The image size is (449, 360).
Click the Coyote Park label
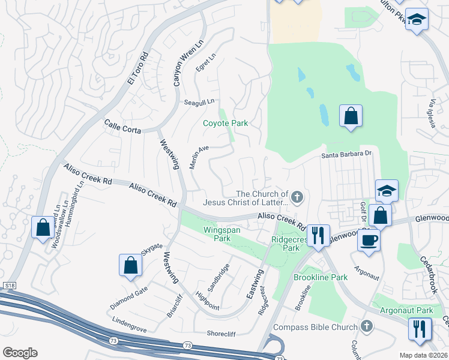pyautogui.click(x=225, y=123)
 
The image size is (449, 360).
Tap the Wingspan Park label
pyautogui.click(x=215, y=233)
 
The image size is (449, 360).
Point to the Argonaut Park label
pyautogui.click(x=406, y=311)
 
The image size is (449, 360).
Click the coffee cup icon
pyautogui.click(x=369, y=240)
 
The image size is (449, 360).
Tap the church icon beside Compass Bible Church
pyautogui.click(x=366, y=327)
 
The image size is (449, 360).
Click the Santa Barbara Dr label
pyautogui.click(x=347, y=154)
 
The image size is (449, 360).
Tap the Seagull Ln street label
pyautogui.click(x=199, y=102)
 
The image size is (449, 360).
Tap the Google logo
pyautogui.click(x=20, y=353)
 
